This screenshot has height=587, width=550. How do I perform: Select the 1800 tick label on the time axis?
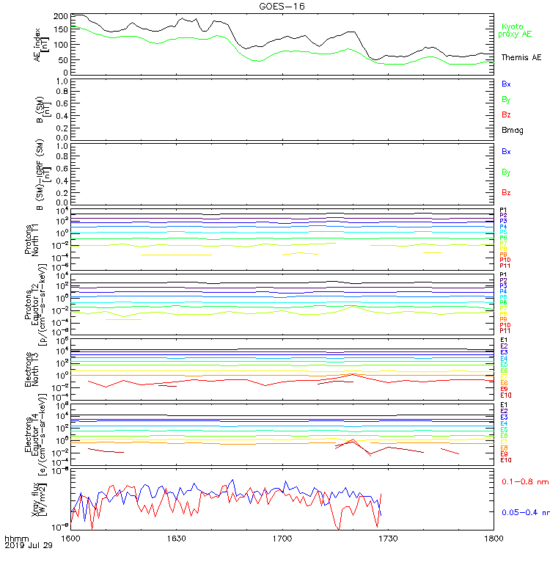click(494, 538)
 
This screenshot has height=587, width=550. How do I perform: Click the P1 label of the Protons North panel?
click(503, 210)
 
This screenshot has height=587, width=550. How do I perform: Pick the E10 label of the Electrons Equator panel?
click(505, 459)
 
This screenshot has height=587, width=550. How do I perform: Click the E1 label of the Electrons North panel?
click(504, 340)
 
